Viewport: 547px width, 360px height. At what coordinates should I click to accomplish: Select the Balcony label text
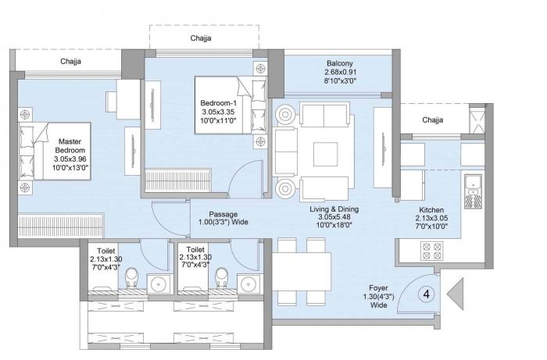click(341, 66)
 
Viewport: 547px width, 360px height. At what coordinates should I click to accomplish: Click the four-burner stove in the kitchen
click(431, 251)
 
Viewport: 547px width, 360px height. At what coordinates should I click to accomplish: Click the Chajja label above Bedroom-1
click(201, 37)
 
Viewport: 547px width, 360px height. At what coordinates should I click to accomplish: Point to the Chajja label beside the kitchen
click(432, 120)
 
